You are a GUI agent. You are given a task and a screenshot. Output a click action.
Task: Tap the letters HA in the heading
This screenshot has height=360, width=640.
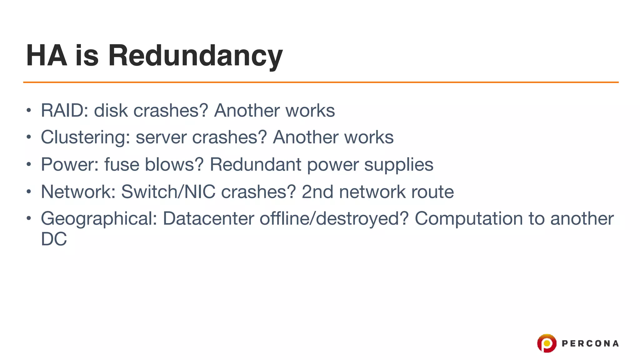(x=47, y=56)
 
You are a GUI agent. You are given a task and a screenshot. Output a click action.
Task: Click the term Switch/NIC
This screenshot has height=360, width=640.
(x=168, y=192)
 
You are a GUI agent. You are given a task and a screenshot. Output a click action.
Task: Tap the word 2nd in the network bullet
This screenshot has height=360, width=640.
(x=317, y=192)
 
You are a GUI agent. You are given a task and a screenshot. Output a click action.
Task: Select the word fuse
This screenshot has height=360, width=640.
(x=122, y=164)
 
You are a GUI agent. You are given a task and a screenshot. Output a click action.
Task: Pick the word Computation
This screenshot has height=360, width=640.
(x=469, y=219)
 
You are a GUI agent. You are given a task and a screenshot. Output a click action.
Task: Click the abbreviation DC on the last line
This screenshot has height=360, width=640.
(x=54, y=239)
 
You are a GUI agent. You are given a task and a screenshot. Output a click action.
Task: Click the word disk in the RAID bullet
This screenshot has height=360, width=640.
(x=111, y=110)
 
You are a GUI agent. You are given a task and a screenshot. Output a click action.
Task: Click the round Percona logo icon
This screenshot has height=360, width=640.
(x=547, y=343)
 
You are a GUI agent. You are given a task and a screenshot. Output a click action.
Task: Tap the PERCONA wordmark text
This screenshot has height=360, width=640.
(x=590, y=343)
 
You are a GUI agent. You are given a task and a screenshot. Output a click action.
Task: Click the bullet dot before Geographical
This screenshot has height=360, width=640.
(x=29, y=218)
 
